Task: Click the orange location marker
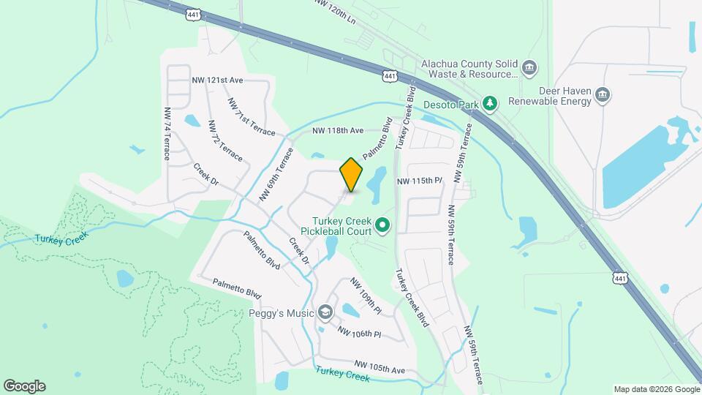(x=351, y=174)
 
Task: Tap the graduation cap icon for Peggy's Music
(x=325, y=313)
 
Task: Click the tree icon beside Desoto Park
(x=492, y=105)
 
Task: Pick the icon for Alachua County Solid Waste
(x=531, y=69)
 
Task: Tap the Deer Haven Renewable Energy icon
(x=603, y=95)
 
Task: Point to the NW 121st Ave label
(x=217, y=79)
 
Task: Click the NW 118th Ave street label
(x=338, y=131)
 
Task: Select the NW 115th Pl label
(x=420, y=181)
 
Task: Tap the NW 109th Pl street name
(x=366, y=296)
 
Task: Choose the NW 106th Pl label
(x=360, y=331)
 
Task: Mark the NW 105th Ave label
(x=380, y=367)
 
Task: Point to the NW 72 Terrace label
(x=215, y=142)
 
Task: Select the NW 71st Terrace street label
(x=251, y=117)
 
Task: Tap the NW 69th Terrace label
(x=276, y=175)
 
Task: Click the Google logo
(x=24, y=386)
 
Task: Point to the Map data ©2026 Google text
(x=656, y=389)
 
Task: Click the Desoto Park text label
(x=458, y=105)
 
